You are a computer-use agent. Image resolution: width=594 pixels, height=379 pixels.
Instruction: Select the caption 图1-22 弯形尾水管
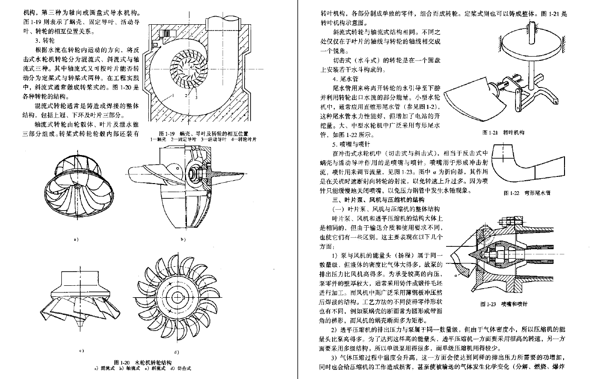pyautogui.click(x=520, y=193)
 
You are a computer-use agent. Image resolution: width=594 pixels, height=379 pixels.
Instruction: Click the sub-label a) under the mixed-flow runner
pyautogui.click(x=76, y=239)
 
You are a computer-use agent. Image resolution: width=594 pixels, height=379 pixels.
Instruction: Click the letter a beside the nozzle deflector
pyautogui.click(x=455, y=274)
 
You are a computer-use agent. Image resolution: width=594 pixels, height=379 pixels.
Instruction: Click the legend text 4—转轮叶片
pyautogui.click(x=243, y=139)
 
